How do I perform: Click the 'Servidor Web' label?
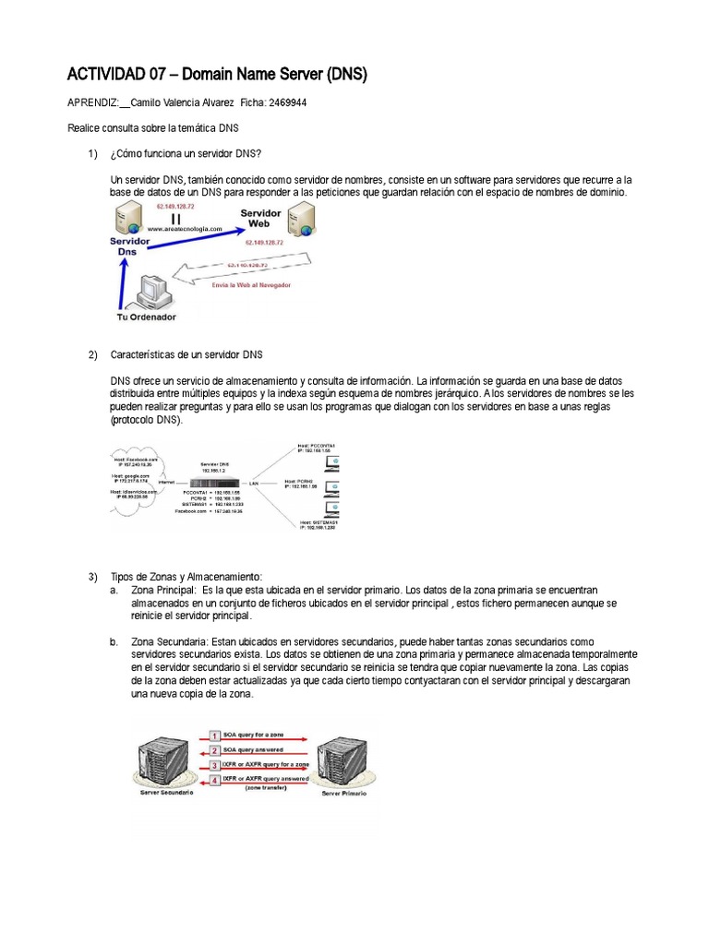click(261, 218)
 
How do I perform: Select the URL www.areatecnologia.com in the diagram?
click(181, 228)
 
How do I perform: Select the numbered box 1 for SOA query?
click(214, 735)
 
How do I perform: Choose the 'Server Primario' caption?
click(343, 793)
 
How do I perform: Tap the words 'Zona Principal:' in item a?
click(164, 590)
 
